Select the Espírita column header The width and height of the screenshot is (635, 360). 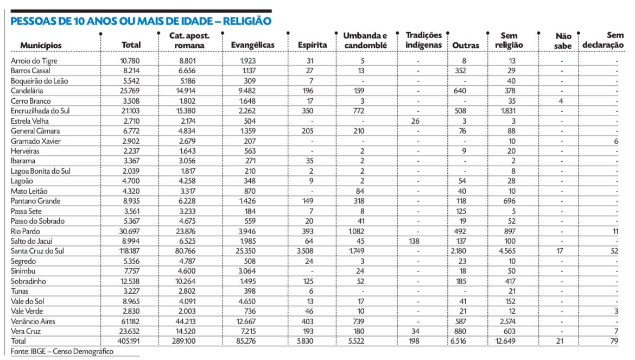[312, 45]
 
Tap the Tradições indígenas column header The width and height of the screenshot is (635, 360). [423, 40]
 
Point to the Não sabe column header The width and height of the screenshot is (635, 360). [563, 41]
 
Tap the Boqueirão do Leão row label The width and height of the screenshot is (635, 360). [36, 80]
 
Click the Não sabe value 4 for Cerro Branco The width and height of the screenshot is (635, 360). [562, 101]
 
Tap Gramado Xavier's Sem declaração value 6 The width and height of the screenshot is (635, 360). [616, 141]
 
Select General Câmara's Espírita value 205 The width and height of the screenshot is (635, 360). [309, 131]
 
